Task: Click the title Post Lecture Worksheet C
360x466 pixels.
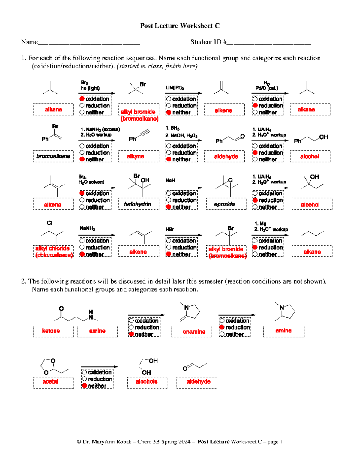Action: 180,26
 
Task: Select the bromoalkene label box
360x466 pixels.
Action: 53,156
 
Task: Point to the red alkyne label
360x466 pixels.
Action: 135,156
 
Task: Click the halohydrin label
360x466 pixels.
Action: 138,204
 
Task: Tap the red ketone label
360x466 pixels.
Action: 51,331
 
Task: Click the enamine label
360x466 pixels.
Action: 194,332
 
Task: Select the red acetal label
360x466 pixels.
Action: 50,382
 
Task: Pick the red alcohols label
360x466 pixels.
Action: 146,382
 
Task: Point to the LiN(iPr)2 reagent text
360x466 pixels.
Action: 175,88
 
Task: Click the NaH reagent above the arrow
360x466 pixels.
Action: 170,180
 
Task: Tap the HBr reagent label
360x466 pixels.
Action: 170,229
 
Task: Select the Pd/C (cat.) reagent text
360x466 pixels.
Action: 267,88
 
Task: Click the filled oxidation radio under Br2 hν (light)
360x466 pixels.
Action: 82,98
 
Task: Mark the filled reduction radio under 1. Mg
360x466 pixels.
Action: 255,247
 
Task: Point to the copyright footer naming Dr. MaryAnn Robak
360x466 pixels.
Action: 180,442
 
